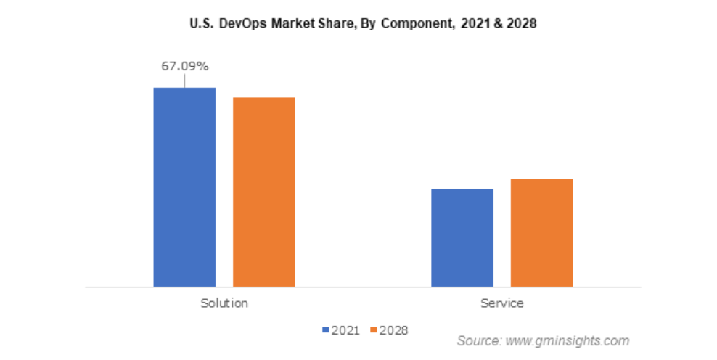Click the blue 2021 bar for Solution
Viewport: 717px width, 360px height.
pyautogui.click(x=184, y=187)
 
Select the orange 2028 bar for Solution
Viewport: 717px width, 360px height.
pyautogui.click(x=263, y=192)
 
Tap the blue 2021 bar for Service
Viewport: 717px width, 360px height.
pyautogui.click(x=462, y=237)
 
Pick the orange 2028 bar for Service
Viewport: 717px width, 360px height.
pyautogui.click(x=541, y=232)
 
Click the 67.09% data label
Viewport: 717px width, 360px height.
pyautogui.click(x=184, y=67)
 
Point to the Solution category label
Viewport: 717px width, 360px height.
pyautogui.click(x=224, y=303)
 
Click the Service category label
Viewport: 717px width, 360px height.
pyautogui.click(x=501, y=303)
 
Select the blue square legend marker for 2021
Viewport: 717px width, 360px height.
pyautogui.click(x=325, y=330)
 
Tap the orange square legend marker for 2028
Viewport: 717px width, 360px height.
pyautogui.click(x=374, y=330)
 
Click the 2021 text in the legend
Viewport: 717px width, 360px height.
pyautogui.click(x=345, y=330)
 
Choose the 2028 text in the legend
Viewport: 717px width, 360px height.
pyautogui.click(x=394, y=330)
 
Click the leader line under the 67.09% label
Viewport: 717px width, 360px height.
pyautogui.click(x=184, y=81)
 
